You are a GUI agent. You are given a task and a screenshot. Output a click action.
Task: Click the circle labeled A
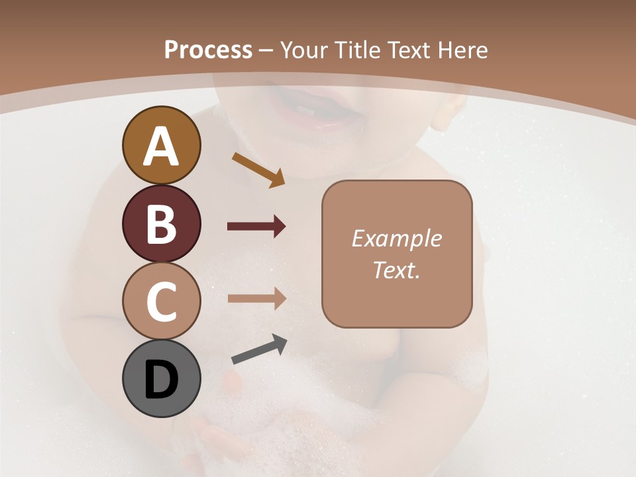click(161, 146)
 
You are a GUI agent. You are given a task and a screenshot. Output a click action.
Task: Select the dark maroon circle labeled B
click(161, 224)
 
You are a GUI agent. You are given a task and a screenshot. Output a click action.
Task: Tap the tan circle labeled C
click(161, 301)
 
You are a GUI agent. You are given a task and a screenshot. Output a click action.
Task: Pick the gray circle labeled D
click(161, 378)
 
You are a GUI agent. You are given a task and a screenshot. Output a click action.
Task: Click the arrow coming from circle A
click(258, 170)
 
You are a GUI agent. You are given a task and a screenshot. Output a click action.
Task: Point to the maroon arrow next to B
click(256, 227)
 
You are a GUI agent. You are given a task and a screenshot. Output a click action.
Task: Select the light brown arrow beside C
click(256, 298)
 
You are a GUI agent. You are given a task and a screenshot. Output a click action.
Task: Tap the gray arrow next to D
click(259, 349)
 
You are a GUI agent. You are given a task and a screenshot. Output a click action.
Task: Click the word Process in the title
click(208, 50)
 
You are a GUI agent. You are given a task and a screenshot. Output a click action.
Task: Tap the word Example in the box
click(397, 238)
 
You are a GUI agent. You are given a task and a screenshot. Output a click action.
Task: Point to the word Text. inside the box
click(397, 270)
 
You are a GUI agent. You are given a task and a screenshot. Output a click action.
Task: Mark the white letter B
click(161, 224)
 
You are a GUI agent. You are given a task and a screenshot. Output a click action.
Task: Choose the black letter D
click(161, 380)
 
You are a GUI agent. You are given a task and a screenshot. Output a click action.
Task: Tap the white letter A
click(161, 146)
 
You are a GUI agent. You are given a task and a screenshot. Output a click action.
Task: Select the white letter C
click(161, 301)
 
